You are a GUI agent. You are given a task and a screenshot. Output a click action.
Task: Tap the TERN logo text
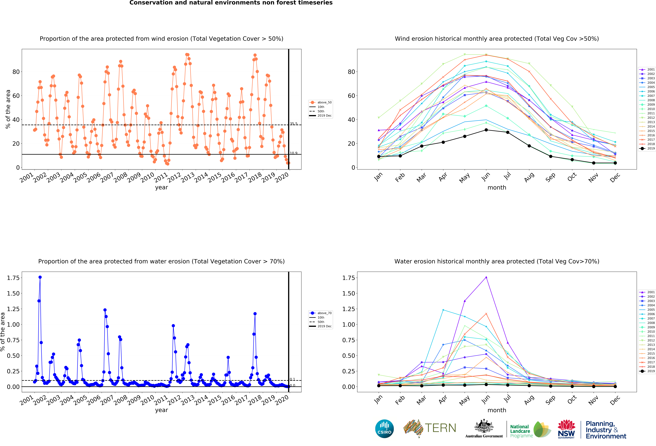[440, 428]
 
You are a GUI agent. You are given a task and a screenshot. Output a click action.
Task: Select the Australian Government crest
[484, 426]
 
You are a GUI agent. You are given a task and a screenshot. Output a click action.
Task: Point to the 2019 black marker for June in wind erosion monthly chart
[486, 130]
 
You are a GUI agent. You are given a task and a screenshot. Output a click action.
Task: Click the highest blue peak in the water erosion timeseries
[40, 277]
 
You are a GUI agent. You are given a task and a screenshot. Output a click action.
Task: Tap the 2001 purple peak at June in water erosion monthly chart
[486, 277]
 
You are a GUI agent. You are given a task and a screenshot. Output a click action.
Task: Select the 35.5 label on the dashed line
[294, 124]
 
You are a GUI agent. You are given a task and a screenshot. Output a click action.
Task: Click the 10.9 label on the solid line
[294, 153]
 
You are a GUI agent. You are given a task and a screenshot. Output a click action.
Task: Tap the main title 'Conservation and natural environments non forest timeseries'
[231, 3]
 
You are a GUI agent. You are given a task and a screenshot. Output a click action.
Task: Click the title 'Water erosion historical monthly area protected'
[497, 261]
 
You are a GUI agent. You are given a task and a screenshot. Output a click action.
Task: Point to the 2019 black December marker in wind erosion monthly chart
[615, 163]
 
